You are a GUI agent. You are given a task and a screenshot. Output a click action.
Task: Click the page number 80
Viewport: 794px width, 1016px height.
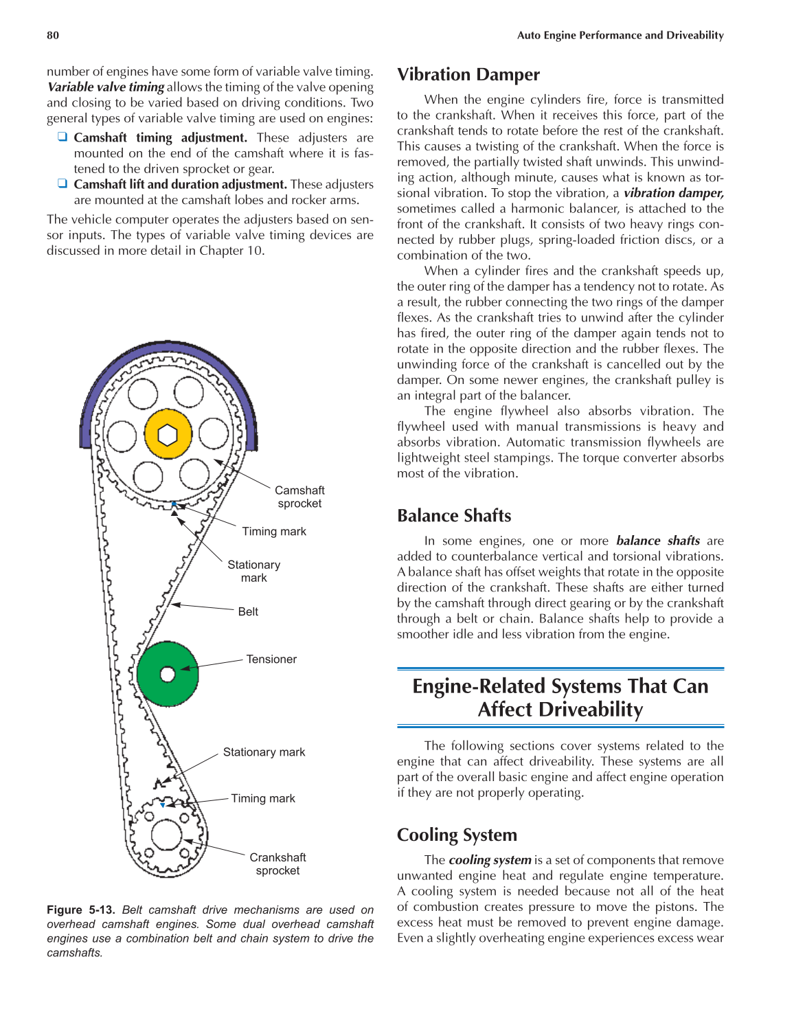tap(53, 35)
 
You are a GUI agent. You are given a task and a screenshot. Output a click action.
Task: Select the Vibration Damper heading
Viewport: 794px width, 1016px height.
tap(468, 74)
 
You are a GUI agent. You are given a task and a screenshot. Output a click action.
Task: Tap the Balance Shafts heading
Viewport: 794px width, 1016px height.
tap(454, 515)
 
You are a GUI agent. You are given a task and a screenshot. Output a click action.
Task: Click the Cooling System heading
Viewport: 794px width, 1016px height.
tap(457, 835)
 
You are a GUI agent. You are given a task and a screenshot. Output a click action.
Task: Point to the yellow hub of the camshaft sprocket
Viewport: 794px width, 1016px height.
tap(168, 434)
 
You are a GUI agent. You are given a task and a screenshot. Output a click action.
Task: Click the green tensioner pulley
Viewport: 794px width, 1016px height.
tap(168, 675)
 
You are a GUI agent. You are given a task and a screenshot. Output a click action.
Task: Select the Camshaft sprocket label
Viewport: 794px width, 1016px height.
tap(299, 497)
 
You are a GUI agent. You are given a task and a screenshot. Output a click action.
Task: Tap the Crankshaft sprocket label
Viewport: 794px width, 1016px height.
tap(277, 863)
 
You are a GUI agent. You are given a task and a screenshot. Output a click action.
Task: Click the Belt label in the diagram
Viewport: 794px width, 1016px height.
tap(248, 611)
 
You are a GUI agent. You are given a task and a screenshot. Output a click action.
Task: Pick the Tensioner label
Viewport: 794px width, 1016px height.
tap(271, 659)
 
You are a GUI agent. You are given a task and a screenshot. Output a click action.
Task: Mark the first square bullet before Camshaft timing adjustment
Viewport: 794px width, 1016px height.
tap(63, 137)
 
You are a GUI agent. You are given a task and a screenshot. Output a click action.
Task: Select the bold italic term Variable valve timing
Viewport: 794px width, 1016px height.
tap(106, 87)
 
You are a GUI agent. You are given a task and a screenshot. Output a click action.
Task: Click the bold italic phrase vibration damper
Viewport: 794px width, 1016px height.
tap(673, 193)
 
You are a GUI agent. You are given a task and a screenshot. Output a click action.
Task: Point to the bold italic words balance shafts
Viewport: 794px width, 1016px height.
tap(657, 541)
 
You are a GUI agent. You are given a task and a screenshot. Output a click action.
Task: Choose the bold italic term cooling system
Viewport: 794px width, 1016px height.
tap(490, 860)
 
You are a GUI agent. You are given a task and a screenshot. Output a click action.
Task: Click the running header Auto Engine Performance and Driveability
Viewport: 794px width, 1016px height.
tap(620, 35)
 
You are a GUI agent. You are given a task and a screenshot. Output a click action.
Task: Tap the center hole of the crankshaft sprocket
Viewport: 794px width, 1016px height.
tap(166, 834)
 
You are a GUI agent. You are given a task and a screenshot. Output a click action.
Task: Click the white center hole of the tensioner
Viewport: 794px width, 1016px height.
tap(168, 675)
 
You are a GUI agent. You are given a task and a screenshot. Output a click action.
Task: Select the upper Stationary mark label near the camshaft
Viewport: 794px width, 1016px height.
tap(253, 571)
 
